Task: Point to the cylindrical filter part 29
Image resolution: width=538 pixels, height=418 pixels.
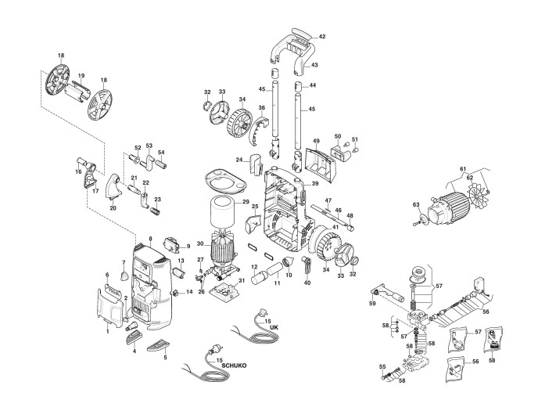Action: tap(225, 214)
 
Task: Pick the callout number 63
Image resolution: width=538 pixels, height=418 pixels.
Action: tap(416, 205)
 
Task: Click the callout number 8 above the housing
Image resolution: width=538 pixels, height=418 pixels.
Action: tap(151, 236)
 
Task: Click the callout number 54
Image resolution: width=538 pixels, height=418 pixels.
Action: tap(162, 153)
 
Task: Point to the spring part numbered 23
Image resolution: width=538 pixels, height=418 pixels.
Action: tap(154, 211)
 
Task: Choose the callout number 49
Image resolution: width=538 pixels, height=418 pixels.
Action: tap(317, 141)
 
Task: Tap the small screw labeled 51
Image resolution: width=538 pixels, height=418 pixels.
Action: tap(352, 149)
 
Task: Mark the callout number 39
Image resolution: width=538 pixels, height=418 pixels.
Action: tap(315, 183)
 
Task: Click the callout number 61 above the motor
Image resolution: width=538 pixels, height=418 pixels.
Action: tap(463, 170)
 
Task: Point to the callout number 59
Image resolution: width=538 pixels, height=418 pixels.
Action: tap(372, 303)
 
